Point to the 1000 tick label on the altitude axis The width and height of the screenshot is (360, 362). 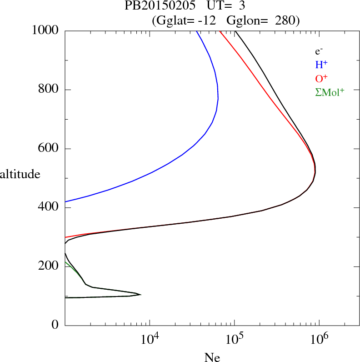click(x=45, y=30)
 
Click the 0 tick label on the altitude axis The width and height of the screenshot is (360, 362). click(x=55, y=325)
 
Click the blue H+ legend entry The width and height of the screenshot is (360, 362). click(x=321, y=65)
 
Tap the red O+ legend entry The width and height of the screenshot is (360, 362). click(x=322, y=79)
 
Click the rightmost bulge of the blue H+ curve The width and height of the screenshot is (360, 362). click(x=218, y=99)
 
